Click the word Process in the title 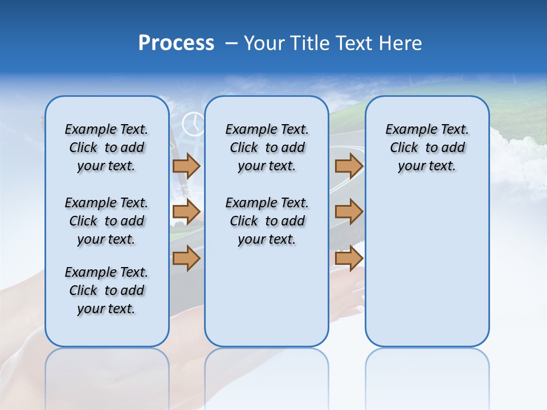click(176, 43)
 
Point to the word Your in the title click(266, 43)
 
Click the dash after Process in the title click(231, 44)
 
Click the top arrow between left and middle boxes click(186, 166)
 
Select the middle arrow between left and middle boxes click(186, 212)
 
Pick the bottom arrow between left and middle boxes click(186, 258)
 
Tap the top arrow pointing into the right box click(349, 166)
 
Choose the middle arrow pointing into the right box click(349, 212)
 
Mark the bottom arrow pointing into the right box click(349, 258)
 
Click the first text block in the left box click(107, 147)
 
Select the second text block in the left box click(107, 221)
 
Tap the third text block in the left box click(107, 290)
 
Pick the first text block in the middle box click(267, 147)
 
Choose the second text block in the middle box click(267, 221)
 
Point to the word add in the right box click(454, 148)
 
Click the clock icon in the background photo click(193, 124)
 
